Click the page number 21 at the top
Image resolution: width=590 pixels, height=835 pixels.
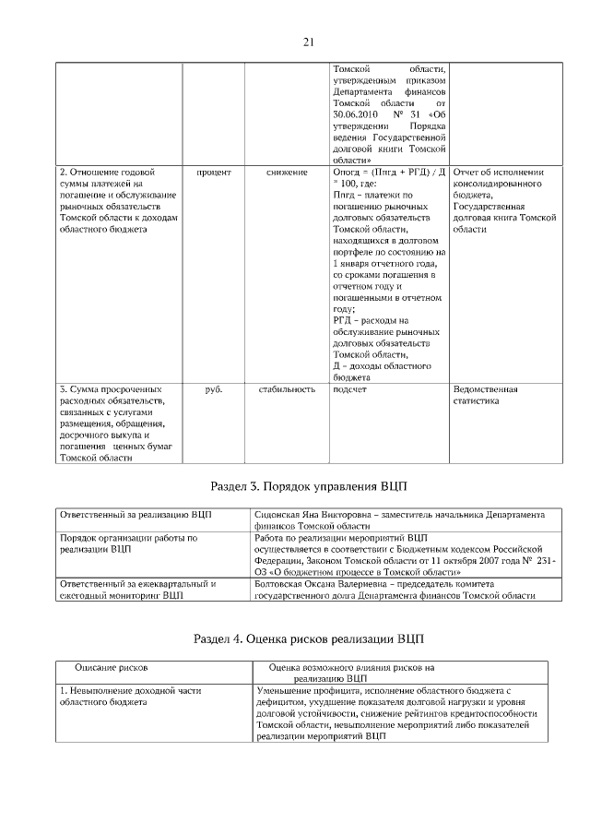click(x=309, y=42)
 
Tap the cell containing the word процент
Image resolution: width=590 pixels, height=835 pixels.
click(x=214, y=173)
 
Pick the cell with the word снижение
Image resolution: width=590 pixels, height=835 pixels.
click(x=287, y=173)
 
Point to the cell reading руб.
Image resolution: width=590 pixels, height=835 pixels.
click(x=214, y=389)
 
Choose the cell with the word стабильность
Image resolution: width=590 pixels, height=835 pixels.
click(x=287, y=389)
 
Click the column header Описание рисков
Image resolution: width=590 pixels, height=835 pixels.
click(x=112, y=665)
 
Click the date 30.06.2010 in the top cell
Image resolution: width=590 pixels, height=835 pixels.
click(x=356, y=114)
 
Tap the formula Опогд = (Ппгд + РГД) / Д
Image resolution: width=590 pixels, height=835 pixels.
click(x=389, y=173)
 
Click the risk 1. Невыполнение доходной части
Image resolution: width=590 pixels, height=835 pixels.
click(x=130, y=690)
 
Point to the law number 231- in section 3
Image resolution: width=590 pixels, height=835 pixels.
click(x=544, y=561)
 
